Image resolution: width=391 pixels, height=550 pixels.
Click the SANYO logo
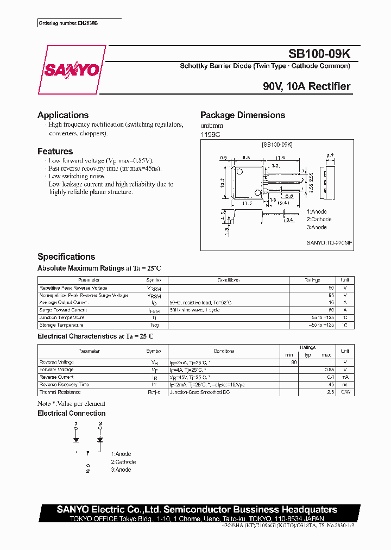click(71, 70)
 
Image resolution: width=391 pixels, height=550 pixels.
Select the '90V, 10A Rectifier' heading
click(307, 86)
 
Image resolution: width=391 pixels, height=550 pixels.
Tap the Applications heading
click(63, 115)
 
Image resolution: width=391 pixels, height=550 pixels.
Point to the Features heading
click(55, 151)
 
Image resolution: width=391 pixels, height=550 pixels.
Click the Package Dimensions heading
click(243, 115)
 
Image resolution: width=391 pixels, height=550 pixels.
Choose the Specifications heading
click(66, 257)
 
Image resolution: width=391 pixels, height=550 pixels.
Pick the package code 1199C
click(211, 134)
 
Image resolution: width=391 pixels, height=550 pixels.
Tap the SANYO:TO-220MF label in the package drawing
click(330, 243)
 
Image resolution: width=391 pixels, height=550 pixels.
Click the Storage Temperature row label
click(61, 325)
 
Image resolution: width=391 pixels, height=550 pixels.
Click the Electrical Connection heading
click(72, 414)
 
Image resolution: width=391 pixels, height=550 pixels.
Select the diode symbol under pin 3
click(100, 439)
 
